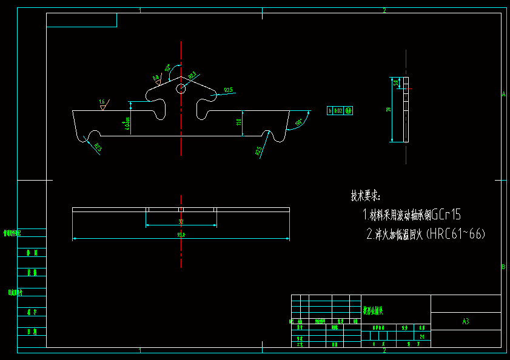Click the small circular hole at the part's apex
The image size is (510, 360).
click(x=181, y=89)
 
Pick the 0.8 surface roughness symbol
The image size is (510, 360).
click(x=156, y=78)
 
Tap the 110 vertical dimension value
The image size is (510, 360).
click(x=239, y=122)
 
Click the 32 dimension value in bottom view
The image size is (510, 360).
click(x=181, y=222)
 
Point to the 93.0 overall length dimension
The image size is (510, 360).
click(x=181, y=235)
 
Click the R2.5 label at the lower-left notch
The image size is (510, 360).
click(x=98, y=147)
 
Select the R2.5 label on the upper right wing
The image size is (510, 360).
click(x=228, y=90)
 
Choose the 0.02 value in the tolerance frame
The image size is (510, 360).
click(x=338, y=111)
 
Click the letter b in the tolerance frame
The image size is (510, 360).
click(x=330, y=111)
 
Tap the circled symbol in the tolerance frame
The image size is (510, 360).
click(x=349, y=111)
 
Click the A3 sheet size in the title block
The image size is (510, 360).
click(x=466, y=322)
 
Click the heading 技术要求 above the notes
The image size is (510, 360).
click(x=365, y=196)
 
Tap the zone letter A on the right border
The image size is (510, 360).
click(x=503, y=94)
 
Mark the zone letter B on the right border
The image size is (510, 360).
click(x=503, y=267)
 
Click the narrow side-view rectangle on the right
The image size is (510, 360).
click(x=406, y=110)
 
